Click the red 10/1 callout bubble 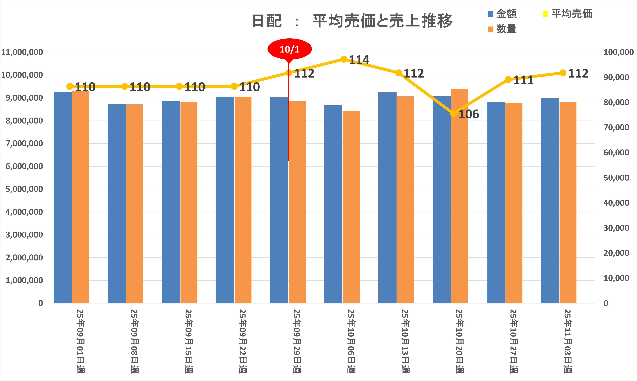[x=290, y=49]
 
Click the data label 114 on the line [x=359, y=60]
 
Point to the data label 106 [x=469, y=114]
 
